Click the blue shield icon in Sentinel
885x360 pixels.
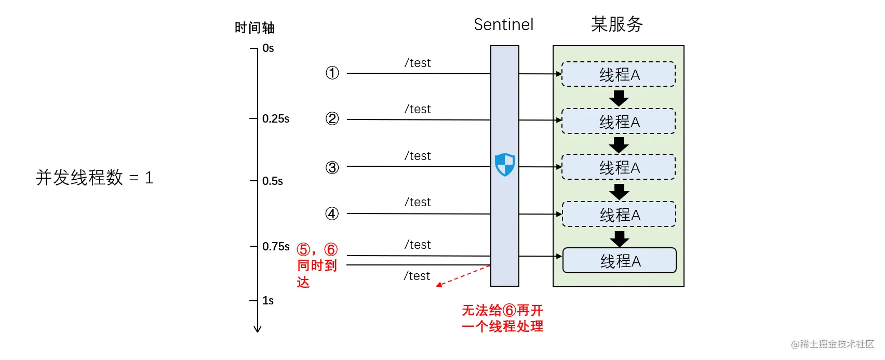pos(504,164)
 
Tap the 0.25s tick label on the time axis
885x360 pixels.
pos(276,118)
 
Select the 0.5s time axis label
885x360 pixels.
pos(273,181)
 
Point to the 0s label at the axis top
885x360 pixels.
pos(269,48)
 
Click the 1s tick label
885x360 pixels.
pos(268,301)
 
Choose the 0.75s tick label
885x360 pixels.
pos(276,247)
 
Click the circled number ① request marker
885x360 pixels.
pos(332,73)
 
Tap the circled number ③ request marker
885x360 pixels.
pos(332,168)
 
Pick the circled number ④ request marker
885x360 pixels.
pos(332,214)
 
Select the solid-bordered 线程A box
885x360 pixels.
pos(620,260)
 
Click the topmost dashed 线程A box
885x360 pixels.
pos(619,74)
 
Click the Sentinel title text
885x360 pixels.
pos(504,24)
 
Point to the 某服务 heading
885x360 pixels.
pos(616,24)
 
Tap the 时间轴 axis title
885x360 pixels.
pos(254,28)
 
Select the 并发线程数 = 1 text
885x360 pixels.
pos(95,178)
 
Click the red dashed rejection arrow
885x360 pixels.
pos(463,276)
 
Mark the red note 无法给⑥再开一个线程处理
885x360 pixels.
pos(503,318)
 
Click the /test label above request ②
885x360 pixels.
pos(418,109)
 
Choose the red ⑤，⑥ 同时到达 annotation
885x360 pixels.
pos(317,265)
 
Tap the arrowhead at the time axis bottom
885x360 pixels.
pos(258,329)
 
